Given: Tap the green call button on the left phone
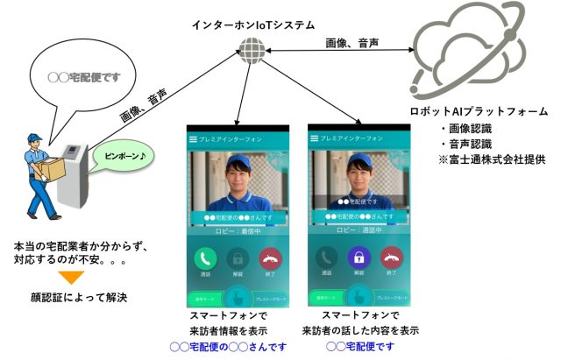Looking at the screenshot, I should pyautogui.click(x=207, y=258).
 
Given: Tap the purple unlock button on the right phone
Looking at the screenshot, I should pyautogui.click(x=358, y=258).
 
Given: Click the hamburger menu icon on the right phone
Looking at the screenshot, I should pyautogui.click(x=314, y=138).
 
